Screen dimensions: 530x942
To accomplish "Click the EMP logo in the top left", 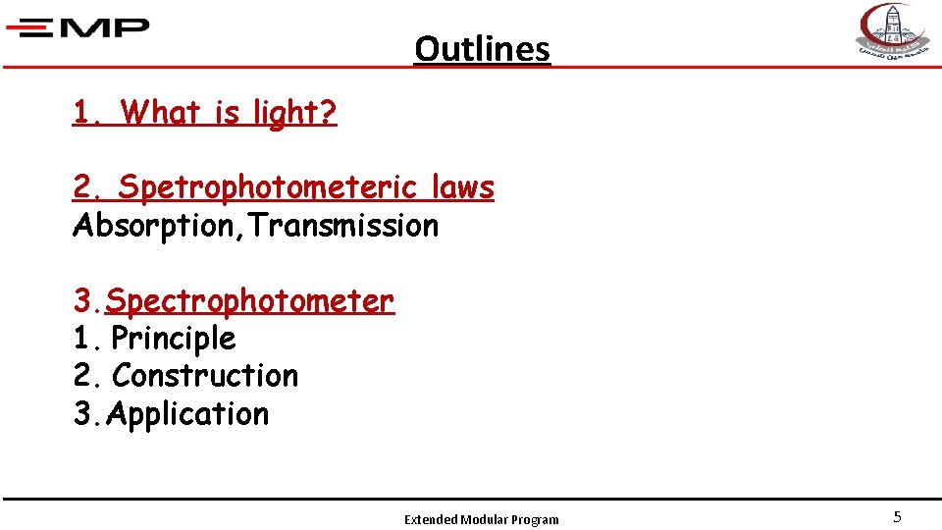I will coord(78,27).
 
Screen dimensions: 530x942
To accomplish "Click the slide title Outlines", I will coord(482,48).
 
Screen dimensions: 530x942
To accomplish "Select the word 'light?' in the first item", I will coord(294,113).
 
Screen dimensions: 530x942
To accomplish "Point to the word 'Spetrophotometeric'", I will coord(264,186).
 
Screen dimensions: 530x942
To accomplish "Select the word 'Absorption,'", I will coord(158,226).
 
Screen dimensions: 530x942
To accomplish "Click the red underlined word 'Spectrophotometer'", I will coord(249,300).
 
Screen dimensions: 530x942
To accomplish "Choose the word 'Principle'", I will coord(174,339).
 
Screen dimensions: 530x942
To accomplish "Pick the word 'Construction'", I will coord(205,376).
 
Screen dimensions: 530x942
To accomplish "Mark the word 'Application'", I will coord(187,414).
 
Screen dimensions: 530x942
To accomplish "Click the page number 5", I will coord(897,516).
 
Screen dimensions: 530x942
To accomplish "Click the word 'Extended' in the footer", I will coord(430,519).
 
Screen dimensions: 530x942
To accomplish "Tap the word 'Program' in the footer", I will coord(535,519).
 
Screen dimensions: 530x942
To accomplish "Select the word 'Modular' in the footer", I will coord(483,519).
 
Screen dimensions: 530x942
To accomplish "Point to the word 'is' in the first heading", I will coord(225,113).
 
